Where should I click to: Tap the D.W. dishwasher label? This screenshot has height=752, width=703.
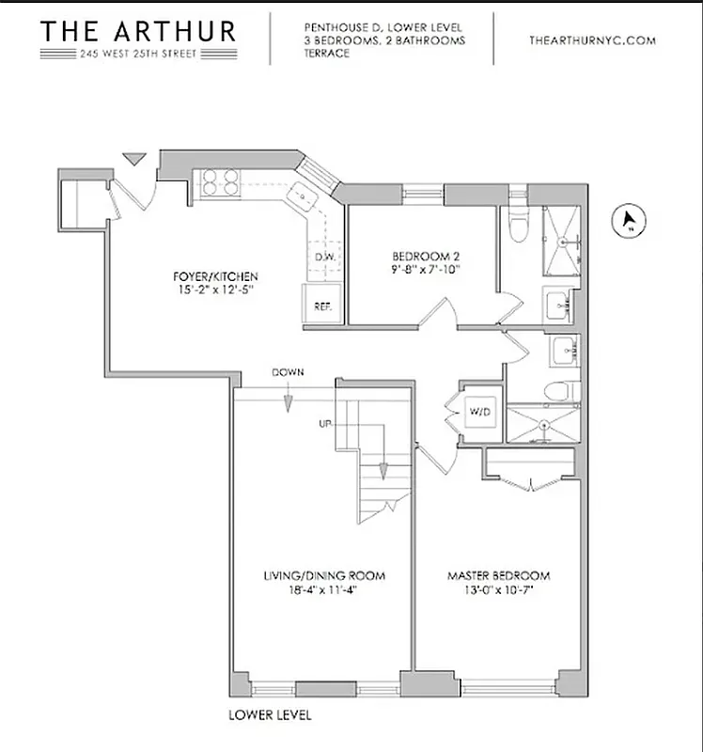(326, 257)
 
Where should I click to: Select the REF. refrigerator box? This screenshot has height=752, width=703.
(322, 305)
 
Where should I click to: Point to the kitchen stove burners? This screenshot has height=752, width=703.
(219, 181)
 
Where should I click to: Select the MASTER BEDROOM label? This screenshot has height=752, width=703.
(498, 575)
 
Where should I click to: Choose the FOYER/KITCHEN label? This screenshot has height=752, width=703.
(215, 276)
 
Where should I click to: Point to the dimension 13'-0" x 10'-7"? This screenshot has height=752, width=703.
(498, 590)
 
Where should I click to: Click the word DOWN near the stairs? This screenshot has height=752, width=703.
(288, 372)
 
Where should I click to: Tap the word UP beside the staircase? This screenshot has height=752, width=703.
(326, 424)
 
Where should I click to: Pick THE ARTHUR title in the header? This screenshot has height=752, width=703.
(137, 30)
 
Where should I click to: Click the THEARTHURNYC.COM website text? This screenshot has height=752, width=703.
(592, 40)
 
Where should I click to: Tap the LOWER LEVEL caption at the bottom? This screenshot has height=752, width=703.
(270, 714)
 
